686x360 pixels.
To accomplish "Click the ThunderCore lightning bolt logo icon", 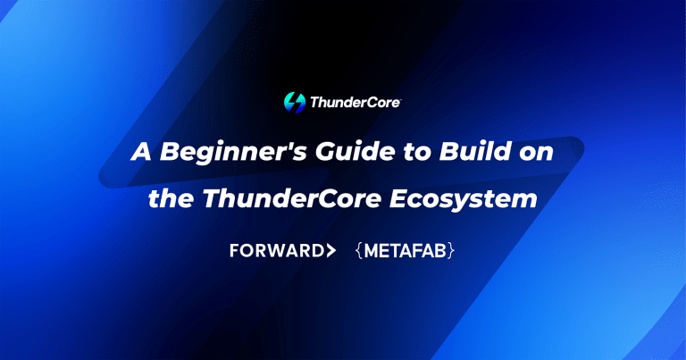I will click(293, 102).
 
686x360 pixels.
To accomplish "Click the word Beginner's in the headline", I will click(222, 151).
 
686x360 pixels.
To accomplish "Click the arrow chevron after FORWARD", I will click(331, 251).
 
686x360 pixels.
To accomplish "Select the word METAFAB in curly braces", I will click(406, 251).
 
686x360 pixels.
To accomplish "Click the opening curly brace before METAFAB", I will click(358, 251).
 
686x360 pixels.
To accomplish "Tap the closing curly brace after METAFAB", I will click(453, 251).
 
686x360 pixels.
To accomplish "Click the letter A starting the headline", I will click(140, 151).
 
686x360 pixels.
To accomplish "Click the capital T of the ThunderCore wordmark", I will click(314, 103).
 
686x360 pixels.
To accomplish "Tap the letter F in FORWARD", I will click(234, 251).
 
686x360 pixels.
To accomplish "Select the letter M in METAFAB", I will click(372, 251).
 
